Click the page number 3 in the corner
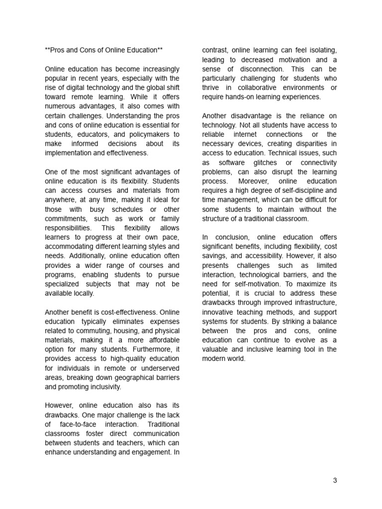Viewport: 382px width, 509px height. (335, 480)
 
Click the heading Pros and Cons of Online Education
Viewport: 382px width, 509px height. (103, 50)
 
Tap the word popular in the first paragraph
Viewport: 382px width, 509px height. (57, 79)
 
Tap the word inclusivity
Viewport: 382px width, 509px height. (103, 387)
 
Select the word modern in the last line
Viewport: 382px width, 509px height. (214, 358)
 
